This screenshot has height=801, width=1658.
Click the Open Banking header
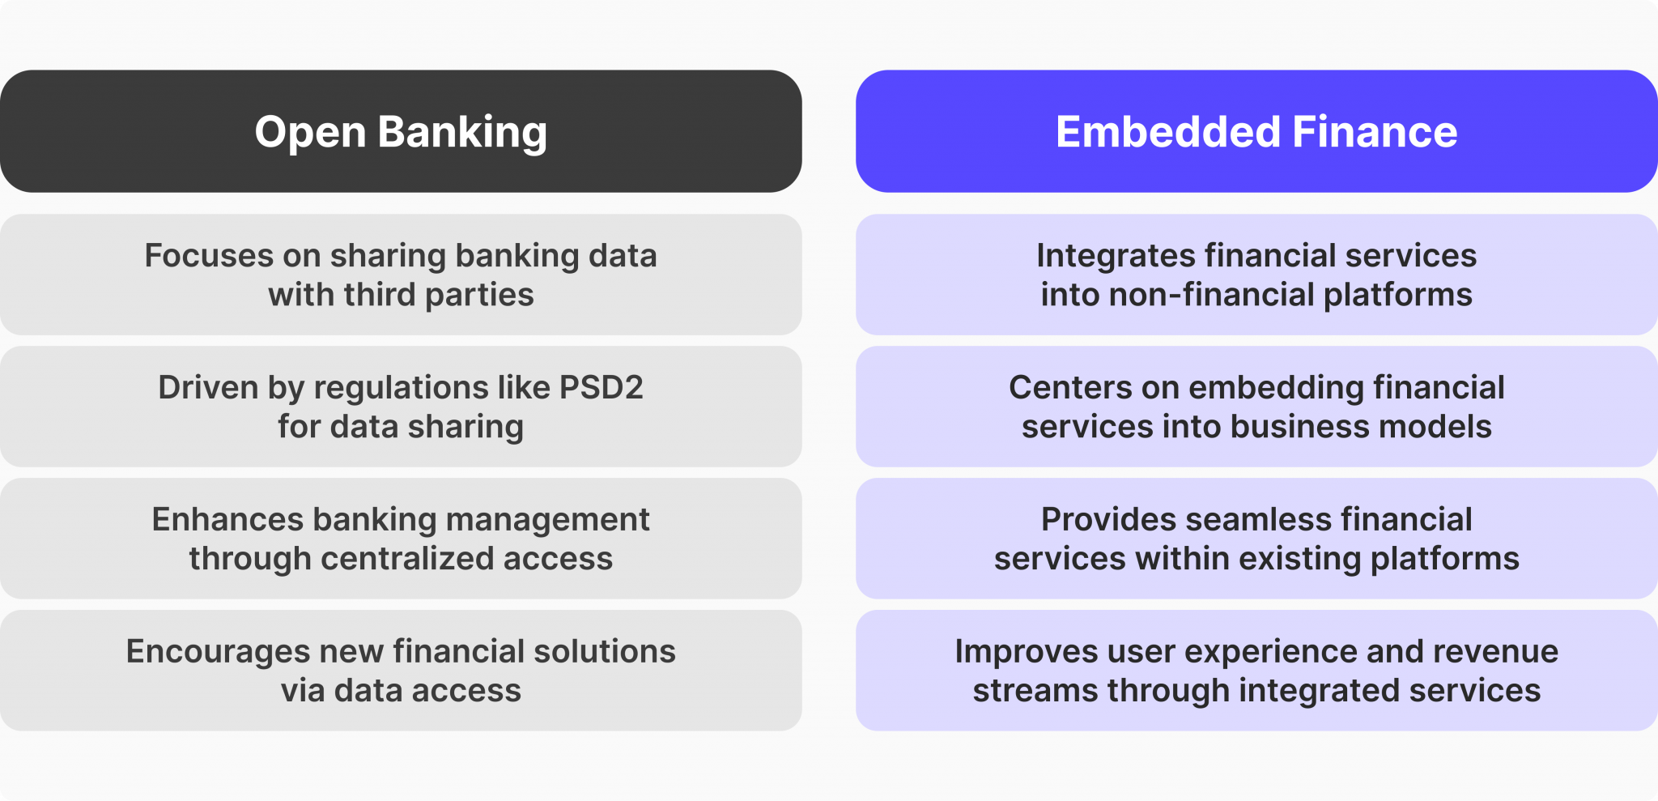401,131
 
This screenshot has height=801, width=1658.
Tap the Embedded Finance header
1256,131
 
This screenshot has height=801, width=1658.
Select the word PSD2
601,388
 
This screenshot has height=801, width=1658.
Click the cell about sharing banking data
401,275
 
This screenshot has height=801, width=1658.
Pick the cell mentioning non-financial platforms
1256,275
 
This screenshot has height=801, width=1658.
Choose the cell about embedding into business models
1256,407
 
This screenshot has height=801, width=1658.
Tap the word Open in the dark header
310,131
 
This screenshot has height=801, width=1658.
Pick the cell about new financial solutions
401,671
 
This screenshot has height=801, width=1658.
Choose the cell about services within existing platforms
1256,539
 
